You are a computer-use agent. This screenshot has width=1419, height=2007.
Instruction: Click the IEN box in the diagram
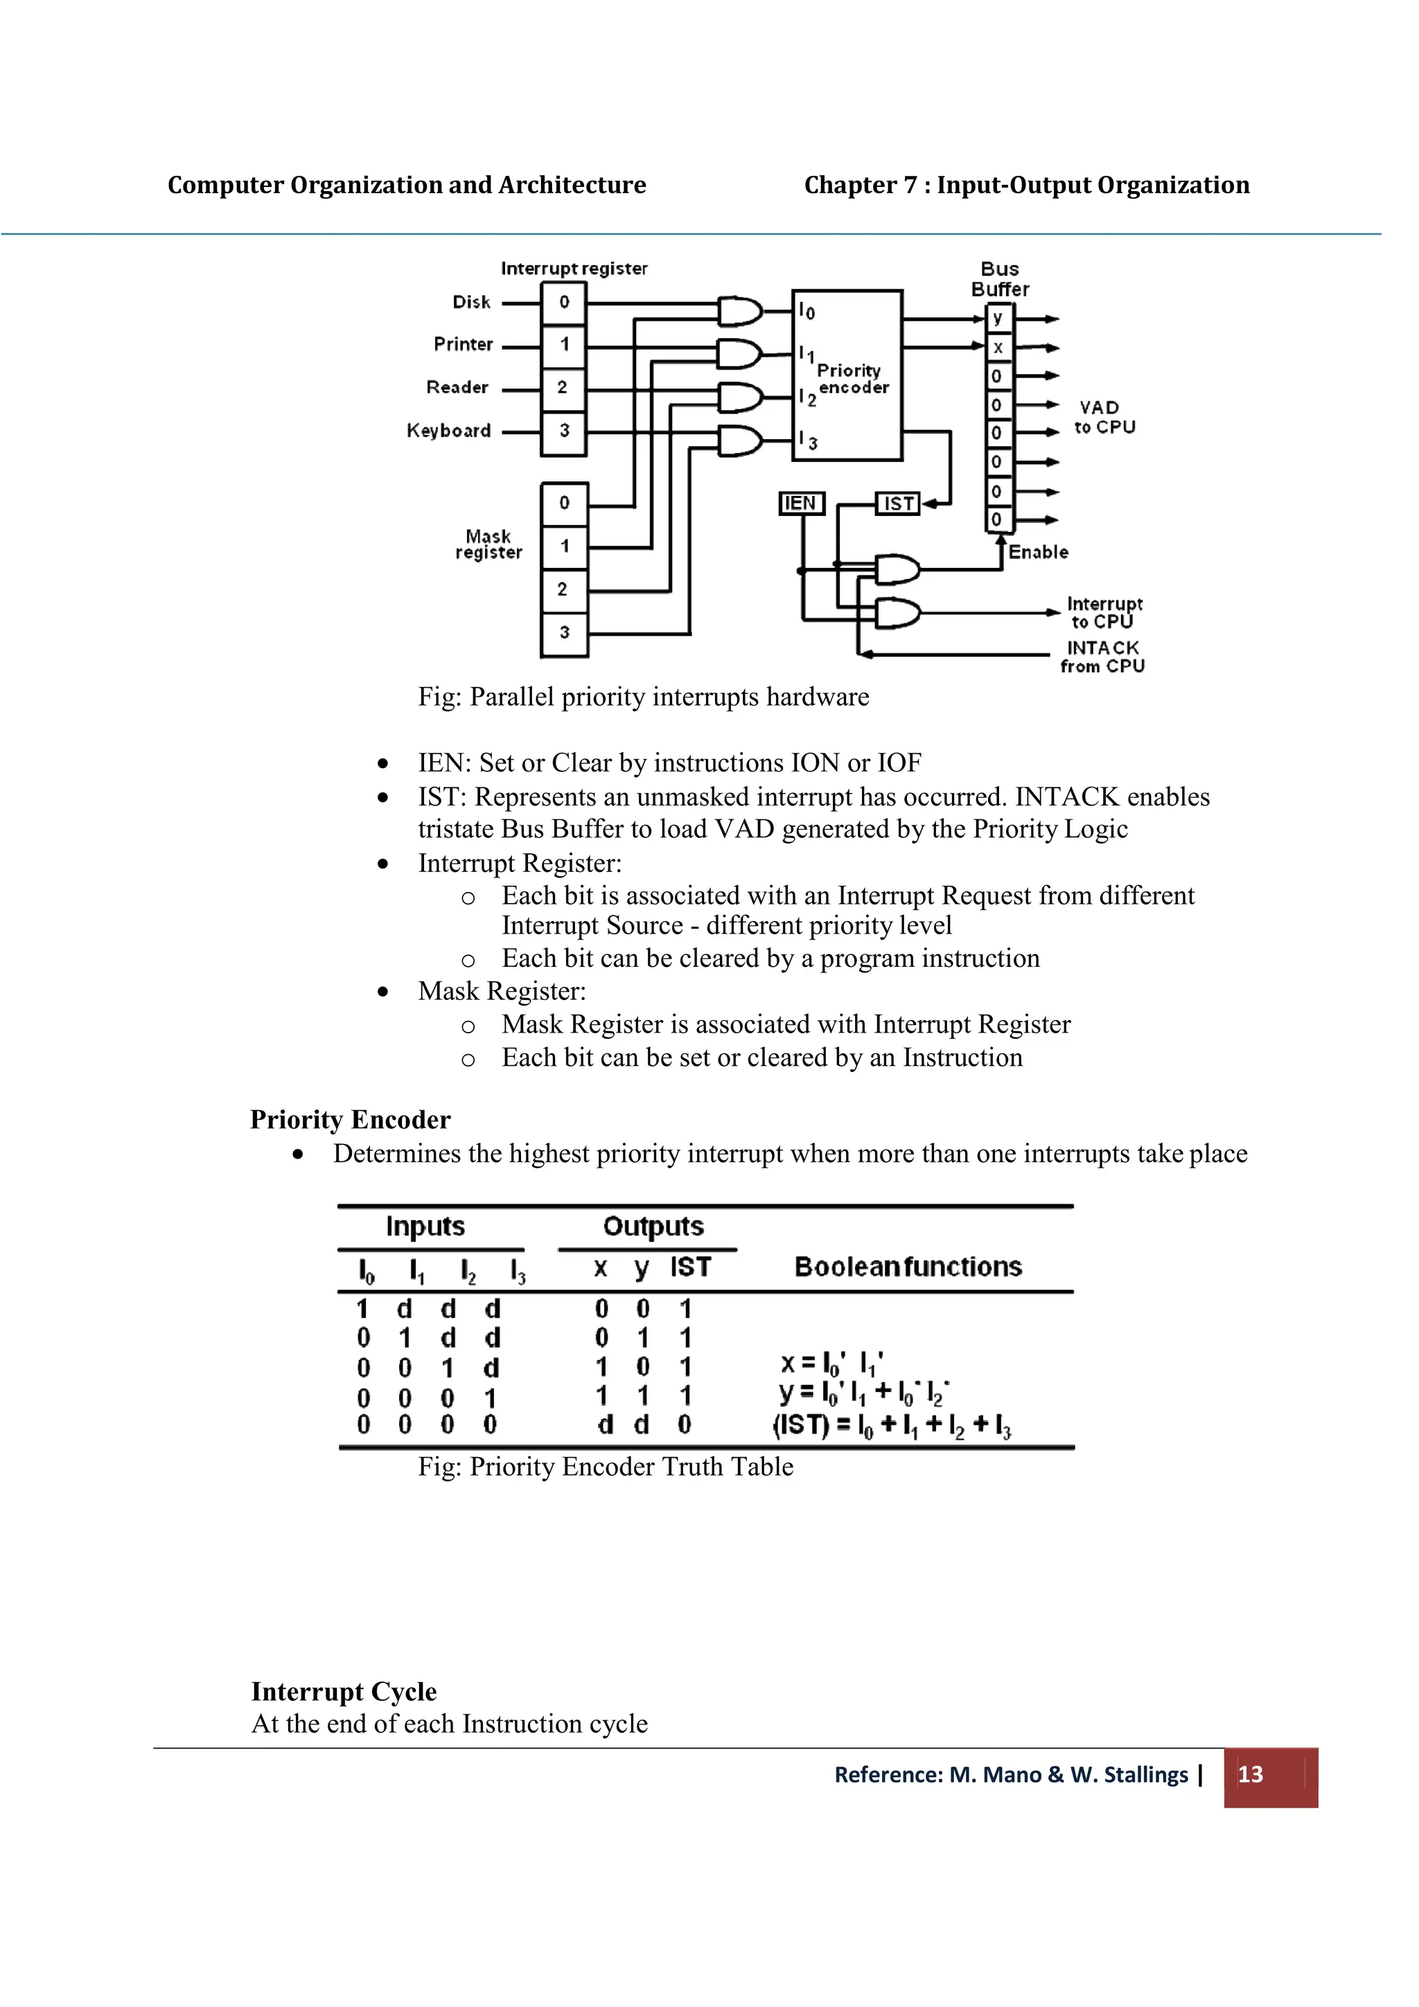[801, 503]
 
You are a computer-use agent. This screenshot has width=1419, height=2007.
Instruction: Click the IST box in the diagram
[898, 503]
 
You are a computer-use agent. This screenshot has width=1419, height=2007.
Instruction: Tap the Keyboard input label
[448, 430]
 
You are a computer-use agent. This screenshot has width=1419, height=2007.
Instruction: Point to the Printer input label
[464, 344]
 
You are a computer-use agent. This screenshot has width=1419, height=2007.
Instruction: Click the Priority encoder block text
[851, 379]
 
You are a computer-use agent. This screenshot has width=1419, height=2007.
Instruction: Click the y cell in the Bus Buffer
[998, 318]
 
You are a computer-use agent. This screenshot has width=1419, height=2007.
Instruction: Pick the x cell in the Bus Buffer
[998, 348]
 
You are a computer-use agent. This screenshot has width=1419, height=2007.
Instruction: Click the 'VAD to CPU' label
[1104, 417]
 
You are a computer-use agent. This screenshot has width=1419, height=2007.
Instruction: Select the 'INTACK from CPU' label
[1102, 657]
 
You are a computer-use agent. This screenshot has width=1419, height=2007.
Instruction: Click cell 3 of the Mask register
[564, 632]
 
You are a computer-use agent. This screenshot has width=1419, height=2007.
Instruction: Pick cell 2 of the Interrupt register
[563, 387]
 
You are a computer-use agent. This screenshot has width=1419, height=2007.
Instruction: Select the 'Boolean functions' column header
[908, 1267]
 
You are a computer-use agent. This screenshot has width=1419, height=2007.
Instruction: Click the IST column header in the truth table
[691, 1267]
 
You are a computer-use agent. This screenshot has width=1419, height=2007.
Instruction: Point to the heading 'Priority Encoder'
[350, 1120]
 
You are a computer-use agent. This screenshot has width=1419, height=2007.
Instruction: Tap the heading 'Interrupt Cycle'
[344, 1691]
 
